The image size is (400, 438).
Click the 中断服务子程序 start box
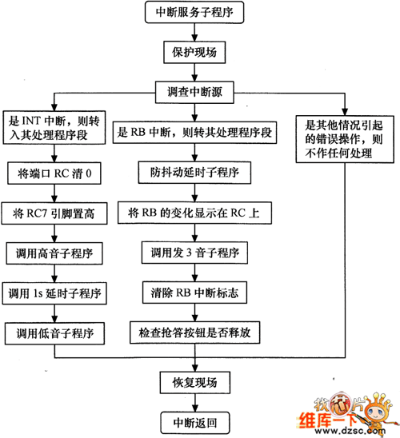pyautogui.click(x=194, y=12)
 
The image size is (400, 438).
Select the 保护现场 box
pyautogui.click(x=194, y=52)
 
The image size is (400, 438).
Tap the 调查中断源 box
pyautogui.click(x=194, y=92)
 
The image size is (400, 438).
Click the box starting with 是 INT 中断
pyautogui.click(x=54, y=128)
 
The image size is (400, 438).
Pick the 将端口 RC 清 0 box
pyautogui.click(x=54, y=173)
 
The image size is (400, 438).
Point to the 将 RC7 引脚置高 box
pyautogui.click(x=54, y=213)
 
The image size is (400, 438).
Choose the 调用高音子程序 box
pyautogui.click(x=54, y=253)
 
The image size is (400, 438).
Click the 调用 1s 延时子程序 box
pyautogui.click(x=54, y=293)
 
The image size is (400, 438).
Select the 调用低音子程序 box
pyautogui.click(x=54, y=333)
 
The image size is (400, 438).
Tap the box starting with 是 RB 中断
pyautogui.click(x=194, y=133)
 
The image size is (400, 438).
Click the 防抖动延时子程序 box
pyautogui.click(x=194, y=173)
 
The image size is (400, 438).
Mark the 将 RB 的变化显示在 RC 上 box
pyautogui.click(x=194, y=213)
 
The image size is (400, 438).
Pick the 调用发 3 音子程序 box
pyautogui.click(x=194, y=253)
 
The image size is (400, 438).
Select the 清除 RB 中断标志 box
pyautogui.click(x=194, y=293)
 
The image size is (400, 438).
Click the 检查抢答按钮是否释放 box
pyautogui.click(x=194, y=332)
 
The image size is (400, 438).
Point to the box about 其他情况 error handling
pyautogui.click(x=345, y=139)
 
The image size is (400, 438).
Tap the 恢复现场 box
pyautogui.click(x=195, y=382)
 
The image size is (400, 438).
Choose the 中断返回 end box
pyautogui.click(x=195, y=423)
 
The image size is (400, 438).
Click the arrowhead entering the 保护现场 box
pyautogui.click(x=194, y=38)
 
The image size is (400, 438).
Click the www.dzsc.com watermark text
pyautogui.click(x=350, y=431)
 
